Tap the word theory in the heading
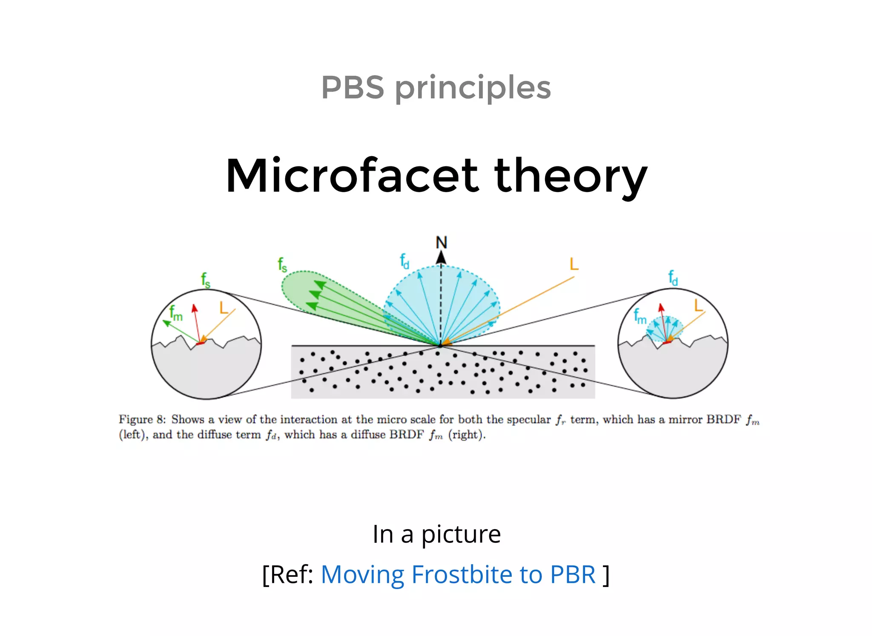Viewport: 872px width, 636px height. tap(571, 175)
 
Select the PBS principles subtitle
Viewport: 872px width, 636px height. tap(436, 87)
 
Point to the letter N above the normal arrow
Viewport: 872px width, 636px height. tap(441, 243)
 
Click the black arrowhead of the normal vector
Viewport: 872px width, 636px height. tap(441, 257)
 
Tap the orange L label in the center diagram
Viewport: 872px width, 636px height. tap(574, 264)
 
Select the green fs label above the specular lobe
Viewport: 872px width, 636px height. tap(282, 264)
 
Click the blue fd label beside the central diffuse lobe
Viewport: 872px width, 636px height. tap(404, 261)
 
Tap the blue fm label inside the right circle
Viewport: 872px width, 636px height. tap(640, 316)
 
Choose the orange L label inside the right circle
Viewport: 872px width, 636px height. tap(698, 305)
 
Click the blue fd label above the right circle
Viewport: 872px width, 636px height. tap(673, 278)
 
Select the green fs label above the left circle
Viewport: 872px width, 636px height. tap(206, 280)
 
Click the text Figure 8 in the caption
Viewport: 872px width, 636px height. tap(142, 419)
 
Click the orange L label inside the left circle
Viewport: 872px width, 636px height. tap(224, 307)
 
